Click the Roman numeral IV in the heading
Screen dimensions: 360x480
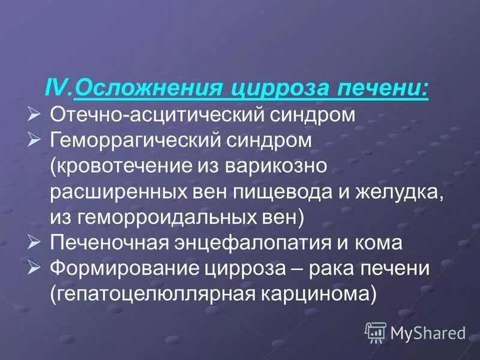[x=58, y=89]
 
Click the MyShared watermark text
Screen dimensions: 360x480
[x=428, y=332]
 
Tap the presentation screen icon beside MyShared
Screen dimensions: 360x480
[x=376, y=331]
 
